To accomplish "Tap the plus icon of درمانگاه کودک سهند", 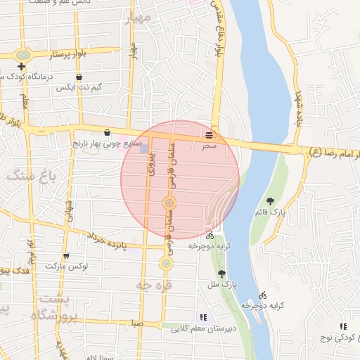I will (22, 67).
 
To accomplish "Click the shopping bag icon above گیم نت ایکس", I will (78, 77).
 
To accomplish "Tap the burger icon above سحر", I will (209, 134).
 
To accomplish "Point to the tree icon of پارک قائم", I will (271, 202).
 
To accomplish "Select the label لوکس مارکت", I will (65, 266).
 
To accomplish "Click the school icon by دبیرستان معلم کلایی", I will (203, 317).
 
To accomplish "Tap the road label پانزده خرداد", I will (105, 241).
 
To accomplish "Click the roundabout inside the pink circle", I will (169, 204).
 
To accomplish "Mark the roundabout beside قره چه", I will (166, 264).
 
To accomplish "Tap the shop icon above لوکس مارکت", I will (66, 257).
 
